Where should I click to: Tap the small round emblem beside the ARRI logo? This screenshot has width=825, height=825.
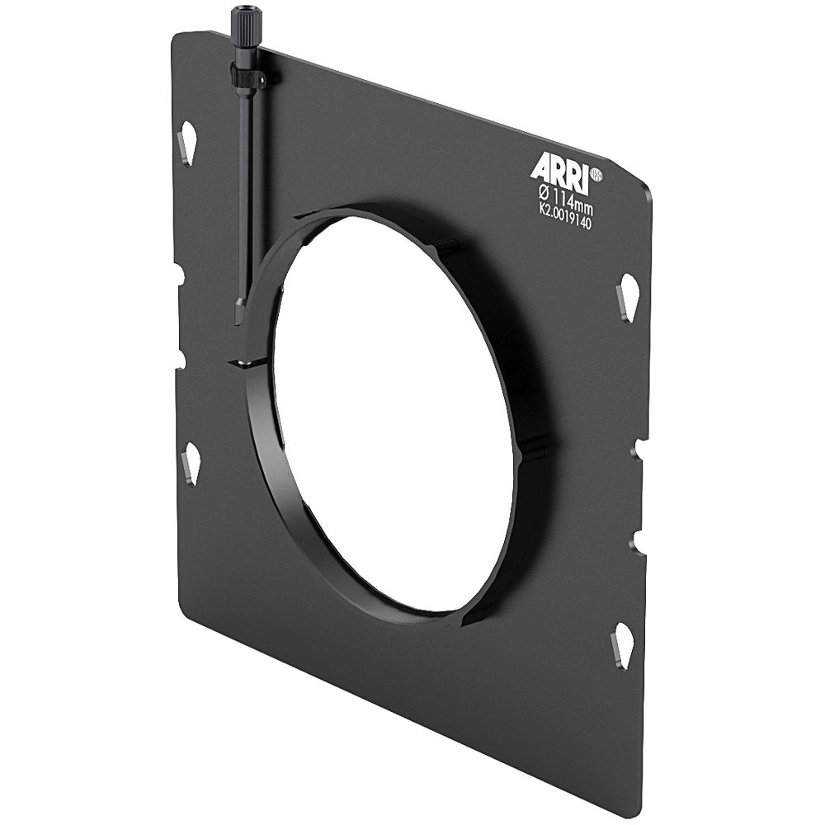[x=596, y=175]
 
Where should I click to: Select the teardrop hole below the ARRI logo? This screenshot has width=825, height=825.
[x=627, y=297]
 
